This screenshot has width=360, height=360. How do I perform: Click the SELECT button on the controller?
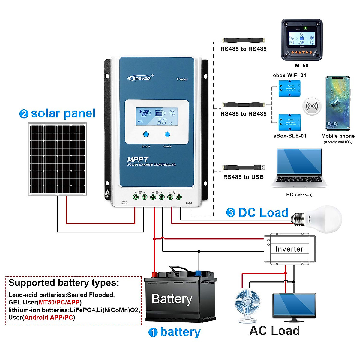click(146, 134)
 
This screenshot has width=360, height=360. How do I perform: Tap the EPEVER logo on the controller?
click(140, 78)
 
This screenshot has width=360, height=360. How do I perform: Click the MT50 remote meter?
click(301, 40)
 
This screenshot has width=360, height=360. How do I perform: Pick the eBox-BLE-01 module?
click(289, 122)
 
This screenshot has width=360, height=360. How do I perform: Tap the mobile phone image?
click(338, 103)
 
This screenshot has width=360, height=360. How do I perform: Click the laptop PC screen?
click(299, 161)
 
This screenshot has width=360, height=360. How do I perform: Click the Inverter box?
click(289, 249)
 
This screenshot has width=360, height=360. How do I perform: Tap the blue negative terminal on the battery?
click(198, 273)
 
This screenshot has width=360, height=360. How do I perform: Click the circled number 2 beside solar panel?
click(24, 114)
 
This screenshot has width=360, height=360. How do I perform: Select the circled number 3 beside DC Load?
click(231, 213)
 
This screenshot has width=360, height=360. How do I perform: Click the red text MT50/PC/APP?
click(59, 302)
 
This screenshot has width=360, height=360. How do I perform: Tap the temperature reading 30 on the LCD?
click(162, 121)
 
